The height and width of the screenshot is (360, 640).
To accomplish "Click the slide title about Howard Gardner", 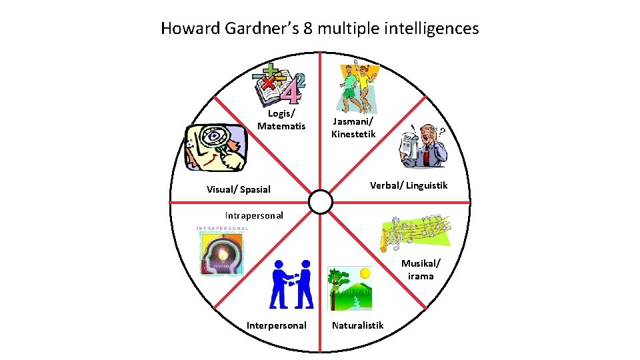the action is click(x=319, y=29).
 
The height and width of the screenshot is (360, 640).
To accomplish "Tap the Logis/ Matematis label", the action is click(x=281, y=120).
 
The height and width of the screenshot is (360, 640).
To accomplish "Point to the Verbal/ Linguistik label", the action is click(x=409, y=185).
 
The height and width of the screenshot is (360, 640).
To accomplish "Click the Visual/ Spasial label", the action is click(x=239, y=189).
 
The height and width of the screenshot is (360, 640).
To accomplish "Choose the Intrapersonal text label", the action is click(x=253, y=215).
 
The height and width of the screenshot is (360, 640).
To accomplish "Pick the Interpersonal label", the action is click(x=277, y=325).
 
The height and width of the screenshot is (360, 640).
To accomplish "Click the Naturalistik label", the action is click(x=358, y=325).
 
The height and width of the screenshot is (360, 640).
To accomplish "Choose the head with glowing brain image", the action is click(x=222, y=251).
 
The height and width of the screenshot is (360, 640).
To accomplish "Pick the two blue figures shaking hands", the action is click(x=292, y=285).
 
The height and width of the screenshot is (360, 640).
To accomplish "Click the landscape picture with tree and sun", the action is click(x=349, y=289).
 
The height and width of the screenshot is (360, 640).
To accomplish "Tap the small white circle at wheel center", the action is click(x=321, y=201).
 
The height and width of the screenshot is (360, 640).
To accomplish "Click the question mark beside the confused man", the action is click(x=442, y=132).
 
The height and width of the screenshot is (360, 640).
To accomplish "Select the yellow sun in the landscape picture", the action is click(x=364, y=273).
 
